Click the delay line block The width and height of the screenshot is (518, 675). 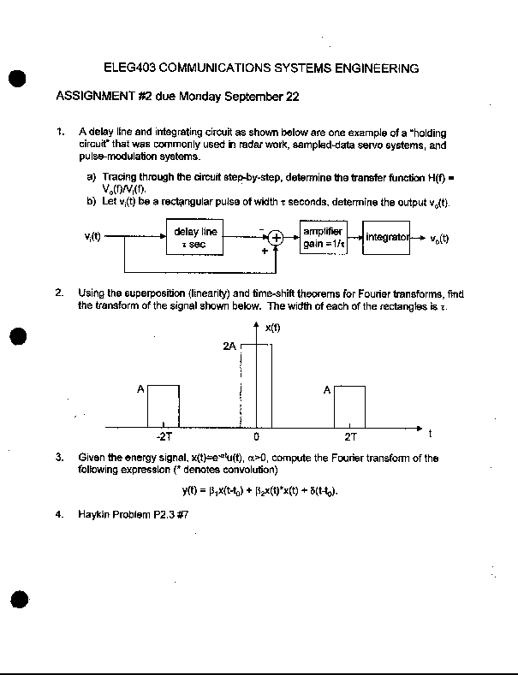pos(195,237)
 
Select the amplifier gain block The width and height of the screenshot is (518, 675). pos(323,237)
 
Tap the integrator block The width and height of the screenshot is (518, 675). pos(387,237)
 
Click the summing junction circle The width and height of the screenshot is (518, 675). pos(277,238)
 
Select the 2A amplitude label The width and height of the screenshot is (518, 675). pos(229,347)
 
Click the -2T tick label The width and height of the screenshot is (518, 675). pos(163,435)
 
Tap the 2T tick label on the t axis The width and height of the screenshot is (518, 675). pos(350,435)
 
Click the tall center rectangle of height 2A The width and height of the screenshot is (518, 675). pos(256,385)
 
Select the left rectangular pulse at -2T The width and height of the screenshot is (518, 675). pos(163,406)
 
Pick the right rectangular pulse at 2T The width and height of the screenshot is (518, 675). pos(349,406)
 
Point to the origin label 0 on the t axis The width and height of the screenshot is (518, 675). pos(256,435)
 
